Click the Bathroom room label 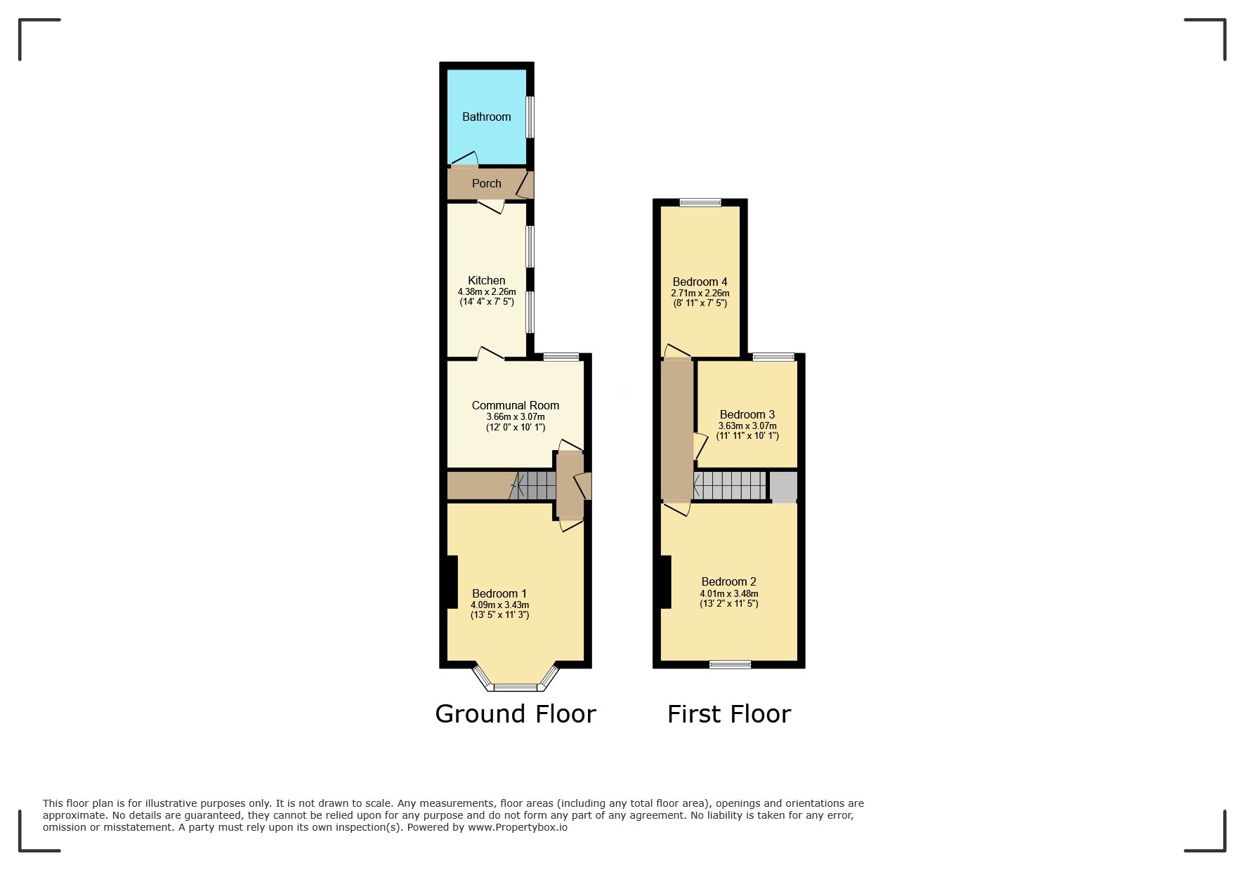click(x=486, y=117)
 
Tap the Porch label click(x=486, y=184)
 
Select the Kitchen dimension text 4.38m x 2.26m click(x=486, y=292)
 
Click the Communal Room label click(x=515, y=406)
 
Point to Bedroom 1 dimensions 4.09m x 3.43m click(x=499, y=605)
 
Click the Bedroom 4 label click(x=700, y=282)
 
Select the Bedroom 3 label click(x=747, y=415)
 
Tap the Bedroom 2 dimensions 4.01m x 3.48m click(x=728, y=593)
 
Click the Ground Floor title click(x=515, y=714)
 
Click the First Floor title click(x=728, y=715)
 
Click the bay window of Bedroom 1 click(x=515, y=686)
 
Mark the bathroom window click(x=530, y=117)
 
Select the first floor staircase click(x=730, y=485)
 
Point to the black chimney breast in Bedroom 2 click(x=665, y=581)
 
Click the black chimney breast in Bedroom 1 click(x=452, y=581)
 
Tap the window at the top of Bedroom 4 click(x=700, y=203)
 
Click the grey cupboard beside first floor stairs click(x=783, y=486)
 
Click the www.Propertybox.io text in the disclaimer click(x=518, y=827)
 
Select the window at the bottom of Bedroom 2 click(x=730, y=664)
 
